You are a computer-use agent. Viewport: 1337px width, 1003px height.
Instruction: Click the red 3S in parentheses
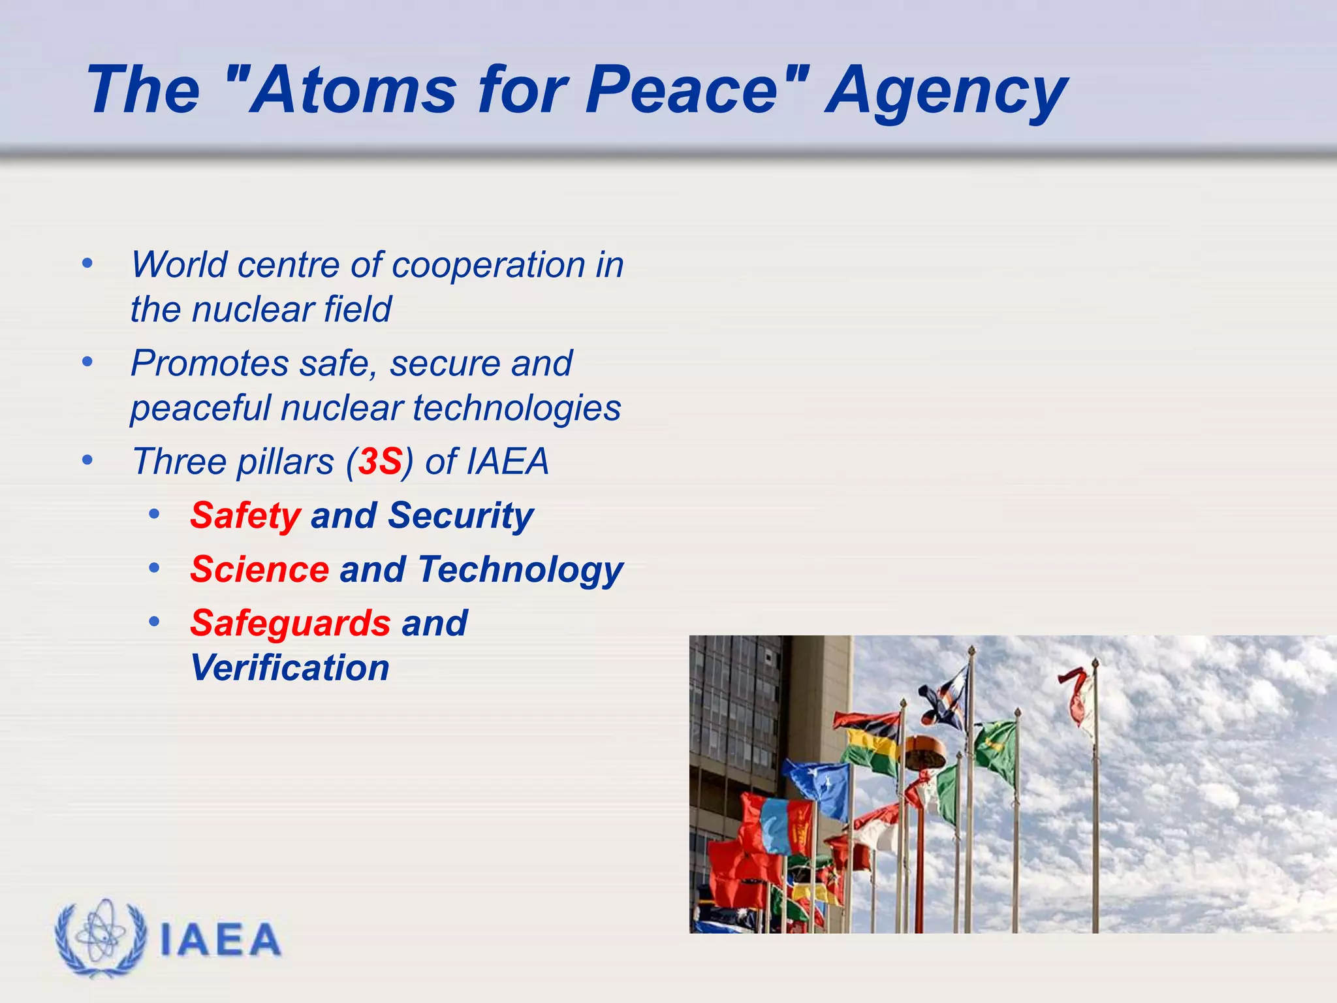pyautogui.click(x=379, y=462)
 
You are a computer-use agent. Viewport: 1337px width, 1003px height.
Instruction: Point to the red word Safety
pyautogui.click(x=245, y=516)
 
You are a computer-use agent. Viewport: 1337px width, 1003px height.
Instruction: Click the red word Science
pyautogui.click(x=259, y=569)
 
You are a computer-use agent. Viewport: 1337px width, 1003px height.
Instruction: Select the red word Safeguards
pyautogui.click(x=290, y=624)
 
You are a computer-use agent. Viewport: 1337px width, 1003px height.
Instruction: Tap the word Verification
pyautogui.click(x=290, y=668)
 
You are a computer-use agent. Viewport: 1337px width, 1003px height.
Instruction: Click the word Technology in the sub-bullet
pyautogui.click(x=520, y=569)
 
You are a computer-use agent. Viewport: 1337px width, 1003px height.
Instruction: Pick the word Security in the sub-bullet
pyautogui.click(x=460, y=516)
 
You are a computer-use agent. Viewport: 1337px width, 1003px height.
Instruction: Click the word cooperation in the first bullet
pyautogui.click(x=488, y=264)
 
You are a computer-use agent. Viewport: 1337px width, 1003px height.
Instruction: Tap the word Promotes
pyautogui.click(x=209, y=363)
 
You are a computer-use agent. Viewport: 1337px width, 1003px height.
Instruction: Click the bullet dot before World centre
pyautogui.click(x=87, y=264)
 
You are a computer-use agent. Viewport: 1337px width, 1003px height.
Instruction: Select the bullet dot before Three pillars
pyautogui.click(x=87, y=461)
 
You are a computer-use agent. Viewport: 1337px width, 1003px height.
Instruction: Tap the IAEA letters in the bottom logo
pyautogui.click(x=220, y=940)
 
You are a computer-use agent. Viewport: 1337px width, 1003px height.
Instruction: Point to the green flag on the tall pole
pyautogui.click(x=998, y=749)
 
